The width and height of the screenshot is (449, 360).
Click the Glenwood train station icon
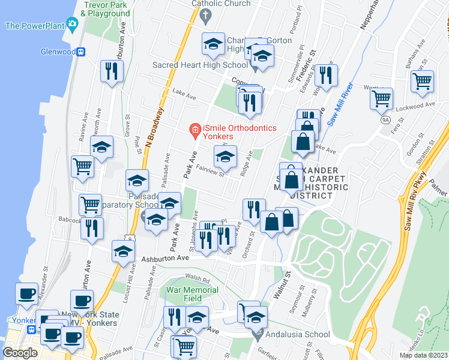[80, 52]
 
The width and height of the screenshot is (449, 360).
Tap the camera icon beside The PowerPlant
[74, 25]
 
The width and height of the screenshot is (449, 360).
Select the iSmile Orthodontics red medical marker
[194, 129]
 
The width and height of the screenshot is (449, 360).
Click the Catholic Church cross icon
[206, 16]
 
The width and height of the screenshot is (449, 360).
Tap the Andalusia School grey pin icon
[259, 334]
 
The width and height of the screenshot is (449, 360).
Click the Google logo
[20, 353]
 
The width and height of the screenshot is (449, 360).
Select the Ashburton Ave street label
[165, 258]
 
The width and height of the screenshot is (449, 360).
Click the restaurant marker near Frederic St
[326, 76]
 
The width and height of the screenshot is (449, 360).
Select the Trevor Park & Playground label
[107, 8]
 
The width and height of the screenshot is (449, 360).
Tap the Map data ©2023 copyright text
[423, 355]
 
